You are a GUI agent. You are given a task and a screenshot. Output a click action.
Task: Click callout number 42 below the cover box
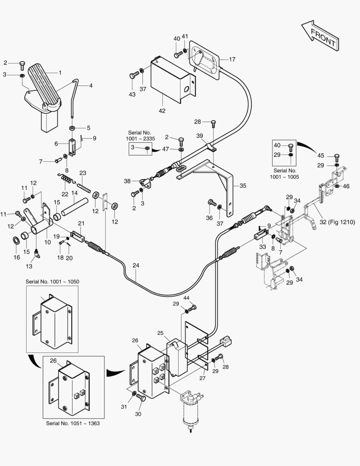[162, 111]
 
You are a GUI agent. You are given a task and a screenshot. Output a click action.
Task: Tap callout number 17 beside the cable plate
[232, 60]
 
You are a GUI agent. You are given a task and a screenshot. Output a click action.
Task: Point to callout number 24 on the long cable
[136, 265]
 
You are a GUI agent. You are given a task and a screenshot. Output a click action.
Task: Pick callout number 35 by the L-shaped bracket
[243, 186]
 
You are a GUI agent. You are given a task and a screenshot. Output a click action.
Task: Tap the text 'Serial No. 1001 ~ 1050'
[52, 281]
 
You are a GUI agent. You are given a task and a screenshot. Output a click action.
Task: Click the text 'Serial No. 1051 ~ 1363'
[73, 423]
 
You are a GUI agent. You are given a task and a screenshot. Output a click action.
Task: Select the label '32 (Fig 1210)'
[337, 222]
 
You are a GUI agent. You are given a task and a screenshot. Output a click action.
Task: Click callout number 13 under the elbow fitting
[29, 266]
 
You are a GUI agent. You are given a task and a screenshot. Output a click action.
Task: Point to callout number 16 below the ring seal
[17, 257]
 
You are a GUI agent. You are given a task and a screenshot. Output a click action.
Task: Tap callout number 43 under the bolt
[132, 94]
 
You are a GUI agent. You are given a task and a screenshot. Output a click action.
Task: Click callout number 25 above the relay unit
[160, 333]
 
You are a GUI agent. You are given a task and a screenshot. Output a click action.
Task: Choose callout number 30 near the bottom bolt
[138, 414]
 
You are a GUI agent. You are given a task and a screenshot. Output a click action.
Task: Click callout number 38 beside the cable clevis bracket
[127, 181]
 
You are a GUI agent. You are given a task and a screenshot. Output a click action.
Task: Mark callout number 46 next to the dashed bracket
[346, 186]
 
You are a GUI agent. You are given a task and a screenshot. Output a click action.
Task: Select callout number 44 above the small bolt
[186, 298]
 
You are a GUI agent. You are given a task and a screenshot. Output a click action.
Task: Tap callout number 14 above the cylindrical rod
[74, 193]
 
